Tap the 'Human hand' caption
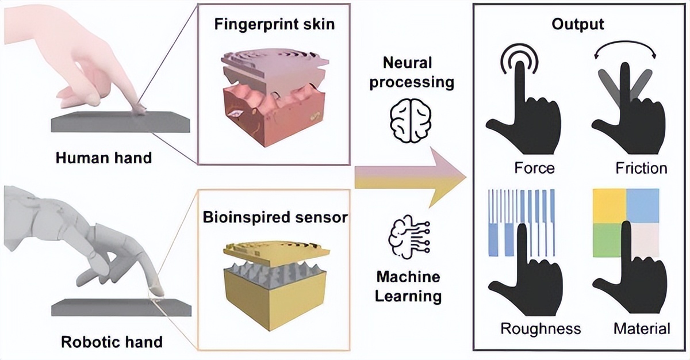pos(103,157)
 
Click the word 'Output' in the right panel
pos(578,25)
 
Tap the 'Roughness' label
pos(540,329)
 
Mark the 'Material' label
pos(641,329)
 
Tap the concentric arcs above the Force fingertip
pos(522,58)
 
